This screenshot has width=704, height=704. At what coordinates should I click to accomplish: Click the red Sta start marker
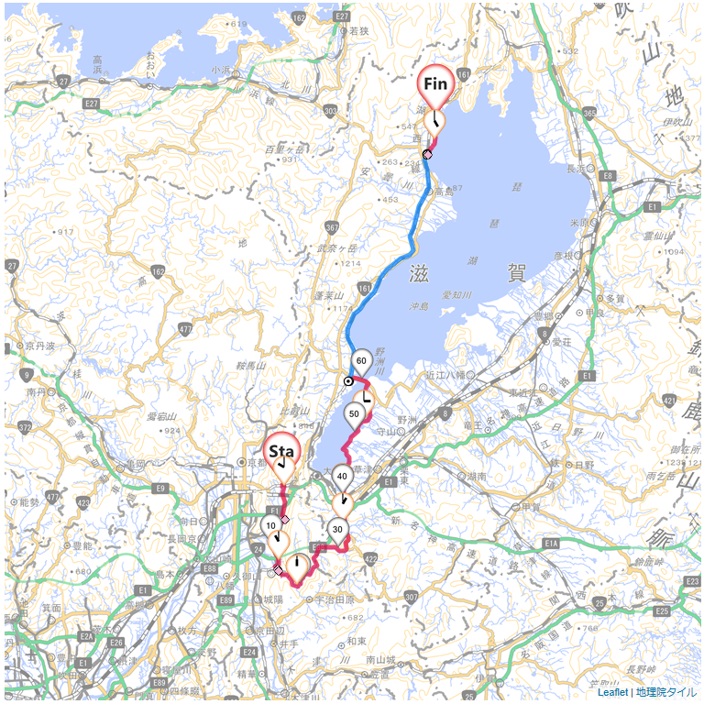(x=280, y=451)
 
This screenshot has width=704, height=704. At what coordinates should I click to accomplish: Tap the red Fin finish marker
(x=434, y=84)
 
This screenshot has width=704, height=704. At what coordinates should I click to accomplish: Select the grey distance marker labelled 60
(x=361, y=360)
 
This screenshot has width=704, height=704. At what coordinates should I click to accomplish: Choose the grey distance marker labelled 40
(x=341, y=476)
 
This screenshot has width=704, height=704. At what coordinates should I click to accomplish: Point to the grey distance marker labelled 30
(x=337, y=529)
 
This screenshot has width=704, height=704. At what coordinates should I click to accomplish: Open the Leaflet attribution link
(x=611, y=692)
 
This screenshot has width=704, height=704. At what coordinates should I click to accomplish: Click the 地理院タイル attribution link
(x=666, y=692)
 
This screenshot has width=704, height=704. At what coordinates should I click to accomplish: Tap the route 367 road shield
(x=331, y=226)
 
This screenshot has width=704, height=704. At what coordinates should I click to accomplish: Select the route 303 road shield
(x=330, y=111)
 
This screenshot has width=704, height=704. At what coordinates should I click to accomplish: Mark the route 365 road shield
(x=588, y=112)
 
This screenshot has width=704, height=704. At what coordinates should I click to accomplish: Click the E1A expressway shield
(x=551, y=544)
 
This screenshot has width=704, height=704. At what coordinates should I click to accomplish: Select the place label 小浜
(x=220, y=70)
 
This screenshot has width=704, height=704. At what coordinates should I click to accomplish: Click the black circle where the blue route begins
(x=348, y=380)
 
